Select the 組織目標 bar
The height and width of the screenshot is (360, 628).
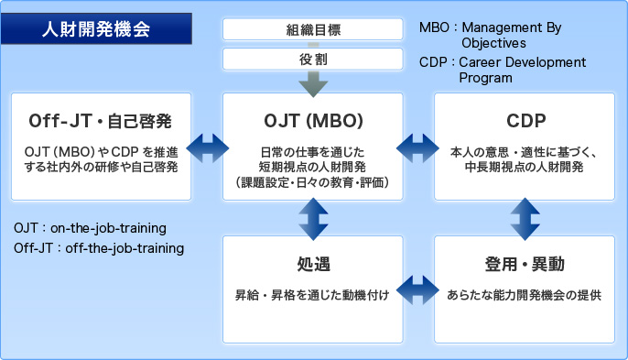313,29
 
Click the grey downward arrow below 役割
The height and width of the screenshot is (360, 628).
313,83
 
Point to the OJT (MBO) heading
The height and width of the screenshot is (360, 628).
313,121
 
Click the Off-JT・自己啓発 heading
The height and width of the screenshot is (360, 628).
101,121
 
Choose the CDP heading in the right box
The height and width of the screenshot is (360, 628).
525,121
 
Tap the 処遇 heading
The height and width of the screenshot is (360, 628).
313,265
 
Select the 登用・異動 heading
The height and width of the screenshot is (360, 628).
525,265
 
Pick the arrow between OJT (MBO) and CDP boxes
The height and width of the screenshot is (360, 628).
418,146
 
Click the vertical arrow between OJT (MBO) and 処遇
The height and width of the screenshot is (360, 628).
313,217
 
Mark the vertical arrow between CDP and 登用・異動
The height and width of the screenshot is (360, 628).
525,217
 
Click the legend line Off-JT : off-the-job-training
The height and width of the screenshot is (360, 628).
99,247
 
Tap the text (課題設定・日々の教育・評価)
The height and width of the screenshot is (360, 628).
313,183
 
